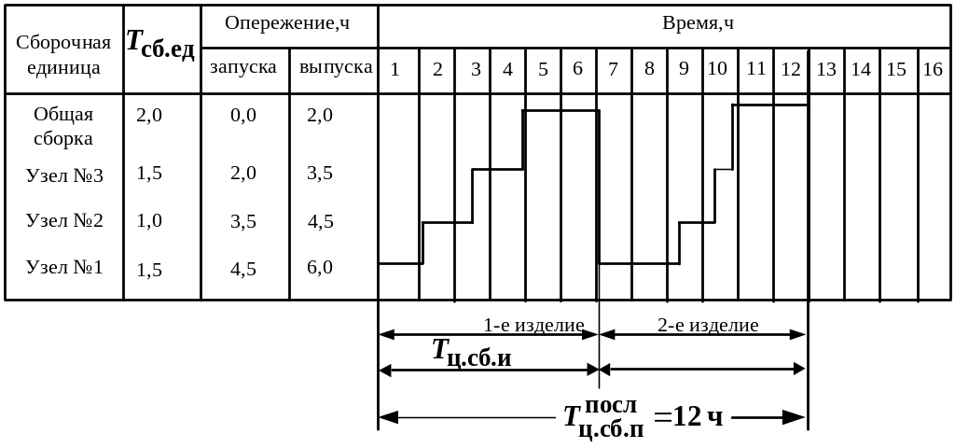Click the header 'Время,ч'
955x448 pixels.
[698, 23]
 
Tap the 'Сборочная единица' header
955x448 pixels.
[63, 56]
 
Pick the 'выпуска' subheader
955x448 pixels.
[334, 67]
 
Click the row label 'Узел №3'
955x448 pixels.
[64, 174]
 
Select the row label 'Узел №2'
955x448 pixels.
[64, 221]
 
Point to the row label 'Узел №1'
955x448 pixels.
[64, 269]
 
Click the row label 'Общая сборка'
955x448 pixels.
[63, 127]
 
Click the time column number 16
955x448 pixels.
[932, 69]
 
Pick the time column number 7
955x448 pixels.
[613, 69]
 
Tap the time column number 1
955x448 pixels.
[395, 69]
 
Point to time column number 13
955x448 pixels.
[825, 69]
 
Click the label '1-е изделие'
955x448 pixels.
[533, 326]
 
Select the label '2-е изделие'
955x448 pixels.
[707, 326]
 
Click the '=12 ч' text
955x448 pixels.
[689, 417]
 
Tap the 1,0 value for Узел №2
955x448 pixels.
[149, 221]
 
